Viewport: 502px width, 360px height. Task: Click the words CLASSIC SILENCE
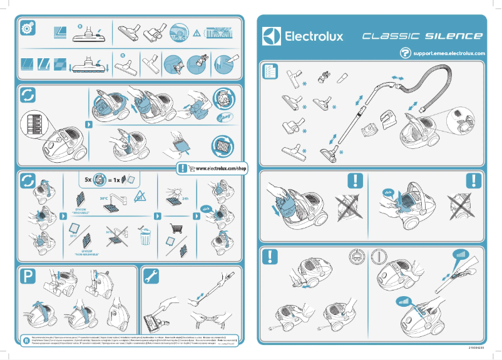point(423,36)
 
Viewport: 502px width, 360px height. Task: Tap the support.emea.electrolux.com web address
point(449,54)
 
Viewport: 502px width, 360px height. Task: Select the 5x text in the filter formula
point(89,179)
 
